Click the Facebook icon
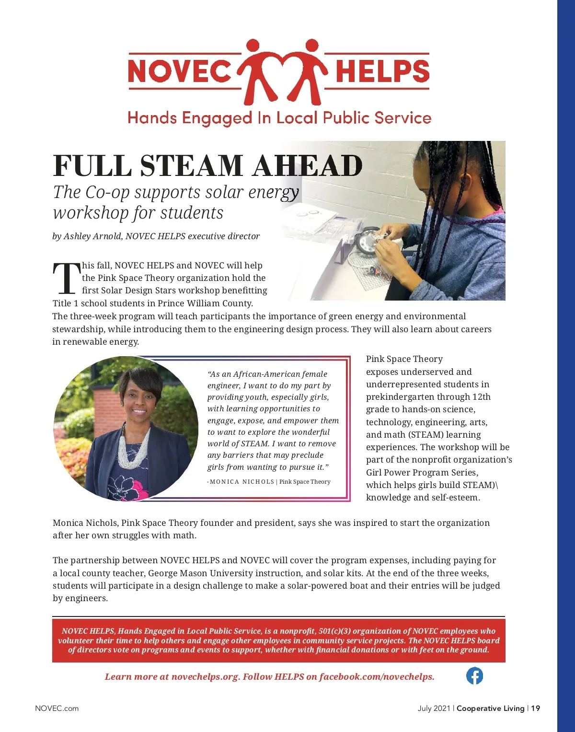click(x=474, y=676)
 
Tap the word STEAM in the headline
click(x=192, y=166)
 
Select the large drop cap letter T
click(x=66, y=278)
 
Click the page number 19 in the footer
click(x=535, y=708)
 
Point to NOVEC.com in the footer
click(x=57, y=708)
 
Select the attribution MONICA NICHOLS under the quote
click(x=241, y=482)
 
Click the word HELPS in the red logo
click(x=382, y=71)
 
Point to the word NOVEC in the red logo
click(x=180, y=71)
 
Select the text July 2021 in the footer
click(x=434, y=708)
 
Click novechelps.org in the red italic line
click(x=205, y=676)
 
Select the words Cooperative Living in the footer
click(x=490, y=708)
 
